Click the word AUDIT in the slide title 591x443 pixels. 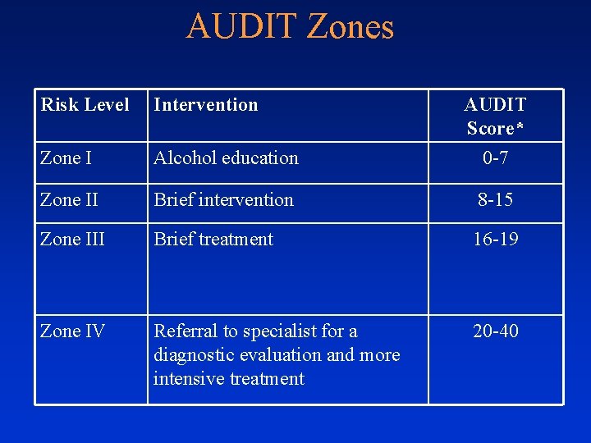pyautogui.click(x=241, y=26)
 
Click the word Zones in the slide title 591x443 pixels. pyautogui.click(x=350, y=26)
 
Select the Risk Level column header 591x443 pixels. pyautogui.click(x=85, y=105)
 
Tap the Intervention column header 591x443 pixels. pyautogui.click(x=206, y=105)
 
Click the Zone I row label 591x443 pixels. pyautogui.click(x=66, y=158)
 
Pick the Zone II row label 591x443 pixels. pyautogui.click(x=69, y=199)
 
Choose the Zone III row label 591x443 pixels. pyautogui.click(x=72, y=240)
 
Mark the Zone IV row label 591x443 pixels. pyautogui.click(x=72, y=331)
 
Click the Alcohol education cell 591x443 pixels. pyautogui.click(x=226, y=158)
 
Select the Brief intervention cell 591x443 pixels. pyautogui.click(x=223, y=199)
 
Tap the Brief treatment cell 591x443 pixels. pyautogui.click(x=213, y=240)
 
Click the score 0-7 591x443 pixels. pyautogui.click(x=495, y=158)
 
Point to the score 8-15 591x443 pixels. pyautogui.click(x=495, y=199)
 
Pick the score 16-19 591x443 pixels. pyautogui.click(x=495, y=240)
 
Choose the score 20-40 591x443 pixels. pyautogui.click(x=495, y=331)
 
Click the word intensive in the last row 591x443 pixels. pyautogui.click(x=186, y=379)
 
